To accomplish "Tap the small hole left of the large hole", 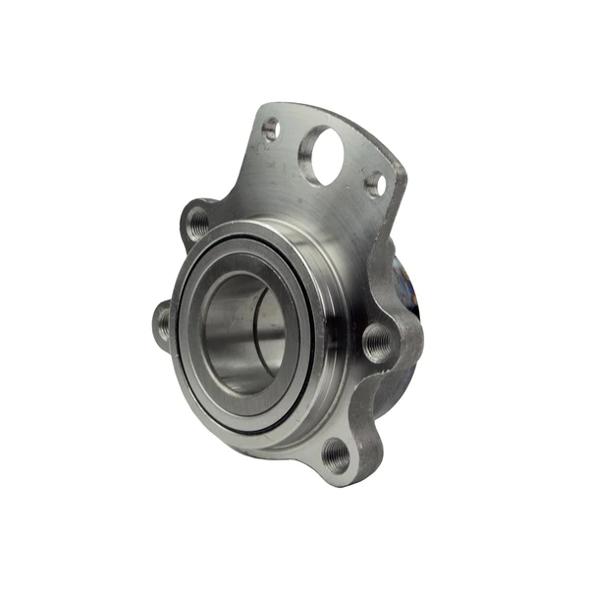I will coord(271,128).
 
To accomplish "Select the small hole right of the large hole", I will coord(374,183).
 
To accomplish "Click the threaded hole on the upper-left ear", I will coord(199,223).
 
